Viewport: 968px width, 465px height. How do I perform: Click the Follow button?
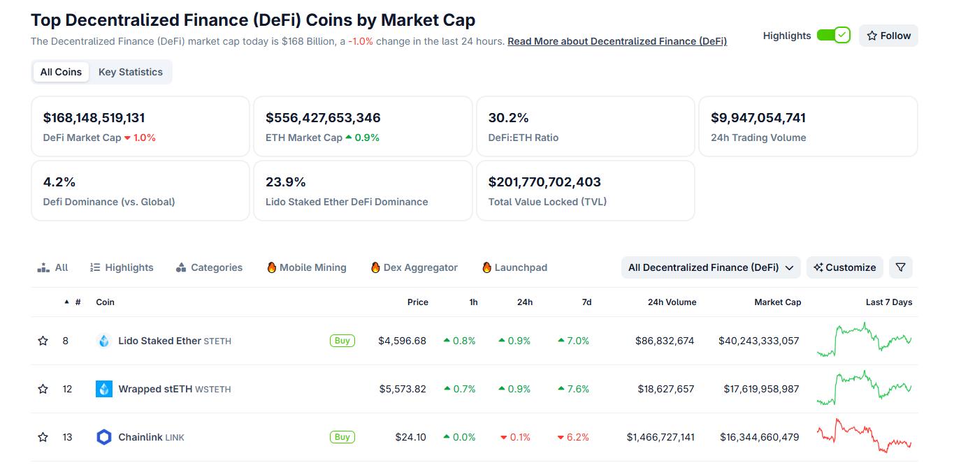[888, 36]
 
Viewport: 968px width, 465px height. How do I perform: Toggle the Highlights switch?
[833, 36]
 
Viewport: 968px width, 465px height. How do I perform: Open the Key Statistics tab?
[131, 72]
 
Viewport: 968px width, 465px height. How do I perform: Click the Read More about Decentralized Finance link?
[617, 41]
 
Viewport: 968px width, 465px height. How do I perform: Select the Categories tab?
[209, 267]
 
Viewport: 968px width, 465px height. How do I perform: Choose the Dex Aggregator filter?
[414, 267]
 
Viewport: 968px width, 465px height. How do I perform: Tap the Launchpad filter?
[514, 267]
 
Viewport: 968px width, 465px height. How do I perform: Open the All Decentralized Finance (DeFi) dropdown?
[711, 267]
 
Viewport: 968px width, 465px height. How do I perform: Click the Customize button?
[845, 267]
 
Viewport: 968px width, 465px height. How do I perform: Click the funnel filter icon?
[901, 267]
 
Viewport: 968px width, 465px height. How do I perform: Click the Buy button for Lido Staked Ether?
[342, 341]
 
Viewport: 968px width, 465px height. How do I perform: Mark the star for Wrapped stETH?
[43, 389]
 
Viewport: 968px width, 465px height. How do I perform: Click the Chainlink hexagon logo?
[104, 437]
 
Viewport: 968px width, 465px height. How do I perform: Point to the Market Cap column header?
[777, 302]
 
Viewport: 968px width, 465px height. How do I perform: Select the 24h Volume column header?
[672, 302]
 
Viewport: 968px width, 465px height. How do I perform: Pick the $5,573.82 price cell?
[403, 389]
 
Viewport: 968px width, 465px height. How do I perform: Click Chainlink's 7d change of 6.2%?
[573, 437]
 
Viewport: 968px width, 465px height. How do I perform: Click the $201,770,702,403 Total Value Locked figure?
[544, 182]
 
